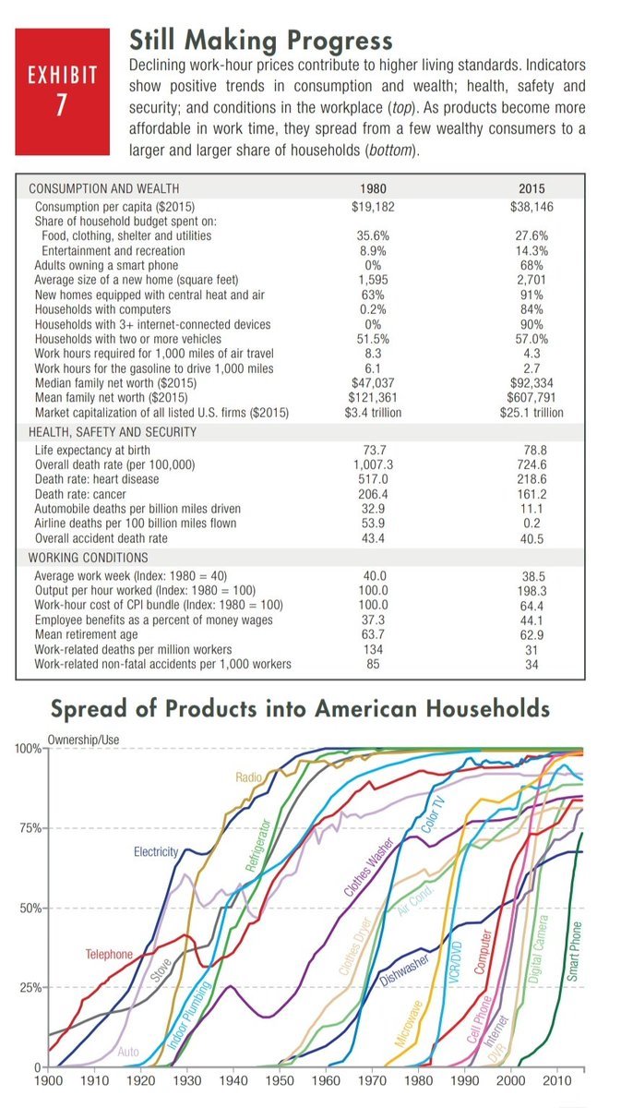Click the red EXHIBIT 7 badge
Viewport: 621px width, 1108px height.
pyautogui.click(x=63, y=90)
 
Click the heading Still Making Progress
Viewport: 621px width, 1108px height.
pyautogui.click(x=260, y=40)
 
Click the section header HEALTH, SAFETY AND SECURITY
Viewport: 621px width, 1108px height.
pyautogui.click(x=113, y=431)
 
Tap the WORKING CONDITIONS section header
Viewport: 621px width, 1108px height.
pyautogui.click(x=89, y=558)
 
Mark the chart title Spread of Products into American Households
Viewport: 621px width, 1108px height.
pyautogui.click(x=300, y=709)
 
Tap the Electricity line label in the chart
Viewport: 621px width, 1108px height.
pyautogui.click(x=156, y=851)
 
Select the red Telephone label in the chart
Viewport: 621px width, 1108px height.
pyautogui.click(x=109, y=954)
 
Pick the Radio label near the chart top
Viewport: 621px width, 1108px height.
pyautogui.click(x=249, y=778)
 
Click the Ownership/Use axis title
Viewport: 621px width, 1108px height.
pyautogui.click(x=83, y=741)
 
